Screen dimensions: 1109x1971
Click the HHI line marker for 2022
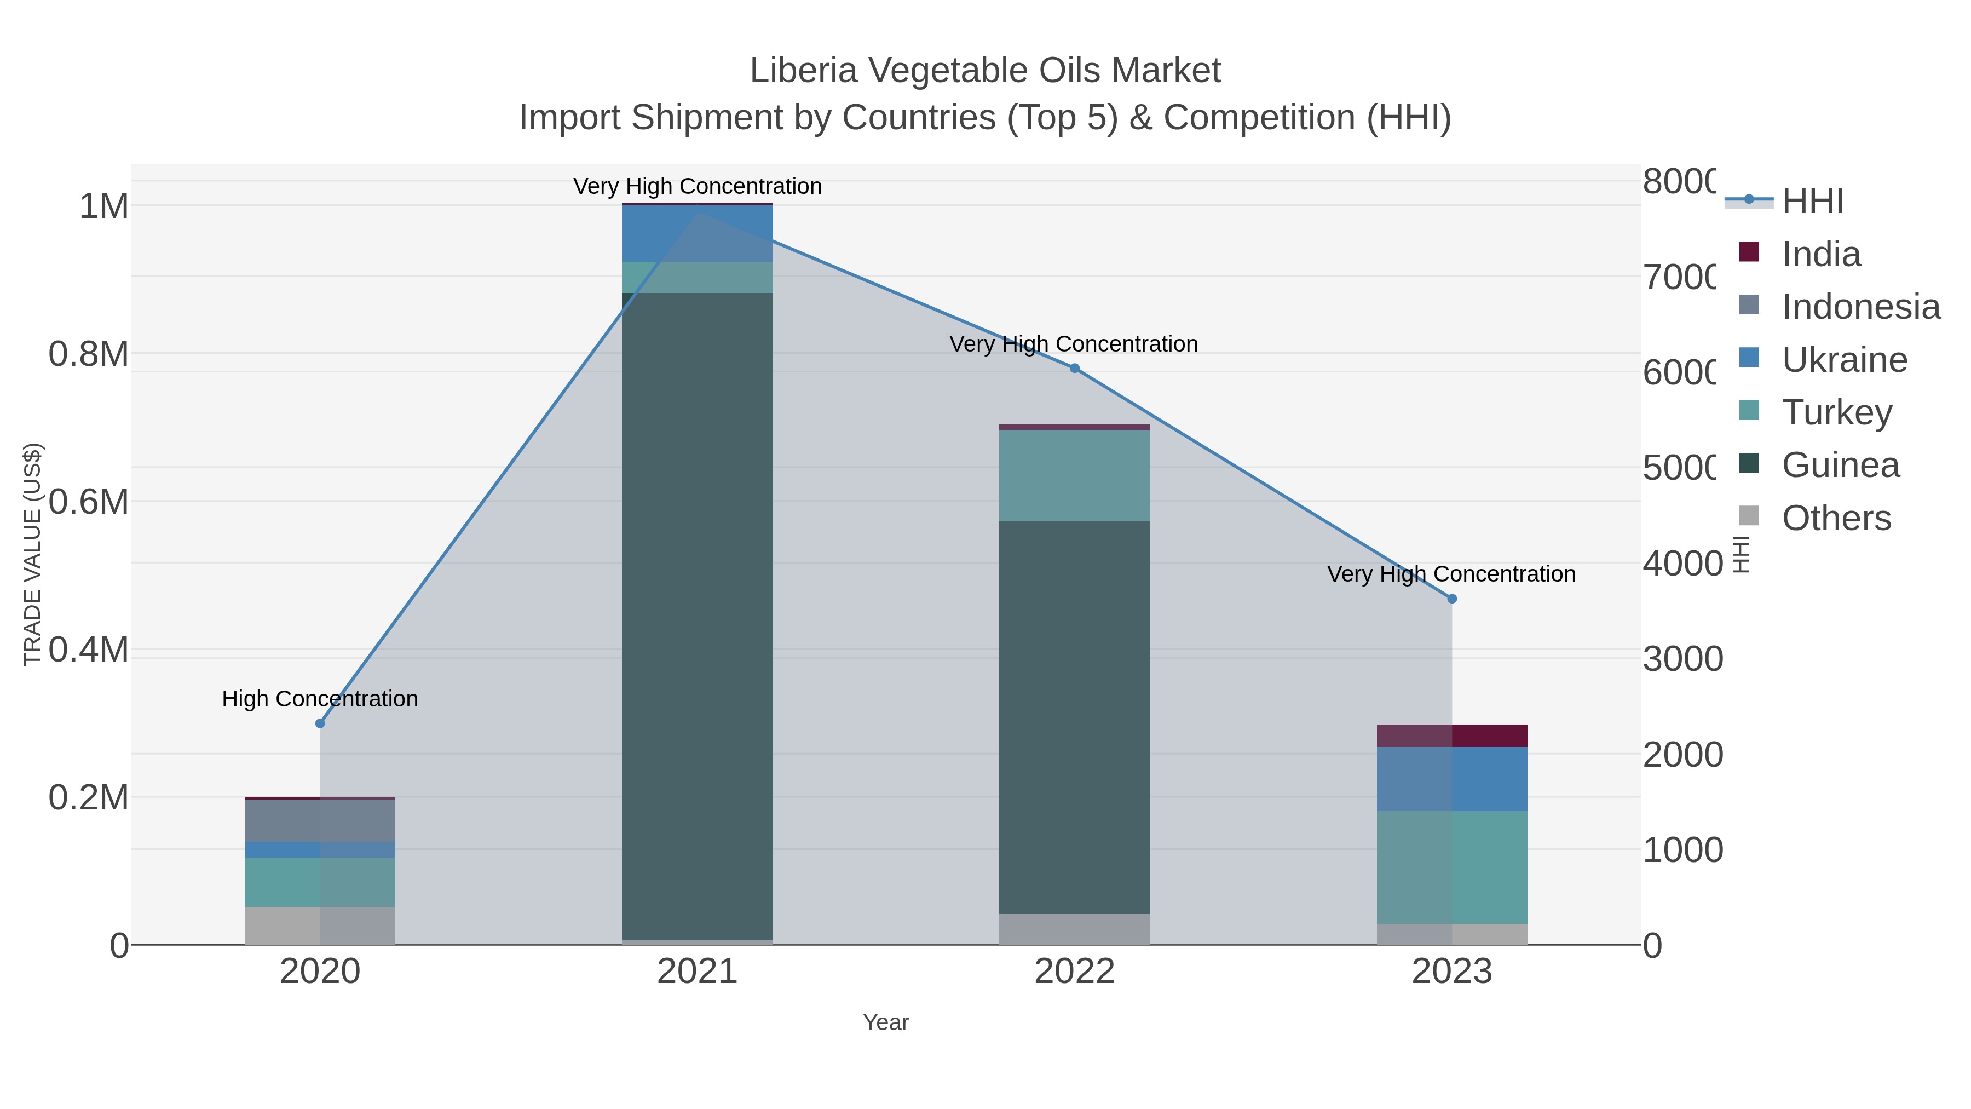pyautogui.click(x=1074, y=368)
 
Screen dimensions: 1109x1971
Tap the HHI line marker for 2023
pyautogui.click(x=1451, y=599)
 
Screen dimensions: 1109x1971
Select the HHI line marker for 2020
pyautogui.click(x=320, y=723)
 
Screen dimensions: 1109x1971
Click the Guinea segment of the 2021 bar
pyautogui.click(x=697, y=612)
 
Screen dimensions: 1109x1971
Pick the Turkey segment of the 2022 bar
pyautogui.click(x=1074, y=475)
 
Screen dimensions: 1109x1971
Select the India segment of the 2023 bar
pyautogui.click(x=1451, y=735)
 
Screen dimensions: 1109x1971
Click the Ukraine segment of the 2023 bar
pyautogui.click(x=1451, y=778)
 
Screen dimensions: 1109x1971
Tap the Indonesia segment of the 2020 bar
pyautogui.click(x=320, y=820)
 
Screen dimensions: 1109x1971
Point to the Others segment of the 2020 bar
pyautogui.click(x=320, y=926)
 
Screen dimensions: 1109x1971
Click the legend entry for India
pyautogui.click(x=1820, y=254)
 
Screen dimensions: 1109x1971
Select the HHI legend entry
pyautogui.click(x=1812, y=202)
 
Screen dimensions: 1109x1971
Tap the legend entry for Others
pyautogui.click(x=1836, y=518)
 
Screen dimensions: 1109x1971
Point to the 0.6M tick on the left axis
pyautogui.click(x=88, y=502)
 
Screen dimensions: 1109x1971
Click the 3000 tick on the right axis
pyautogui.click(x=1682, y=659)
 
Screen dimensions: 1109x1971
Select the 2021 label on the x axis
pyautogui.click(x=697, y=972)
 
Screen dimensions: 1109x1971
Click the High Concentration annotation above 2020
pyautogui.click(x=320, y=699)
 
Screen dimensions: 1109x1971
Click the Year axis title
pyautogui.click(x=885, y=1022)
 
